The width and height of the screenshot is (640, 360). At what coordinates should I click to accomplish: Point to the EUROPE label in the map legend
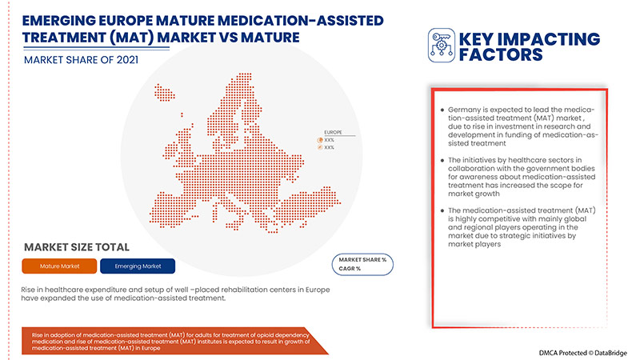pos(333,131)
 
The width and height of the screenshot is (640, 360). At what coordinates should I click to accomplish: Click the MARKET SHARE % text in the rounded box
pos(362,260)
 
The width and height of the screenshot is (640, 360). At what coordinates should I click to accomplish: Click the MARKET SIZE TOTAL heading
pos(76,247)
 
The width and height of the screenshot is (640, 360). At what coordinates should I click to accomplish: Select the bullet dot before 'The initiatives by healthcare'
pos(442,162)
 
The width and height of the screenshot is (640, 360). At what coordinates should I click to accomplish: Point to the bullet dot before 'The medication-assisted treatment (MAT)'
pos(442,210)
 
